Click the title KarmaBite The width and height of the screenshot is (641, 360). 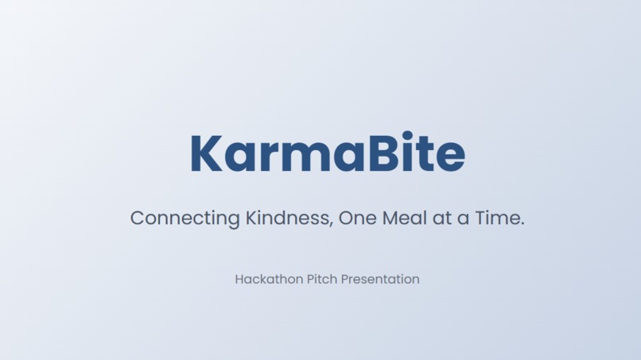(327, 153)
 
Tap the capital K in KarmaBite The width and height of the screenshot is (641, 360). (206, 154)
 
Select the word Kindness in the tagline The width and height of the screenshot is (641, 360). (286, 218)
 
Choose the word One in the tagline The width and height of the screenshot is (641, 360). (357, 218)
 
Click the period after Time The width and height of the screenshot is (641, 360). (522, 224)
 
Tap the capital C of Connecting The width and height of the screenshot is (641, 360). (138, 218)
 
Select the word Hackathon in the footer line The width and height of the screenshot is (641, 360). (269, 279)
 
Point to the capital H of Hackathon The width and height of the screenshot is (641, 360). (239, 279)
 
